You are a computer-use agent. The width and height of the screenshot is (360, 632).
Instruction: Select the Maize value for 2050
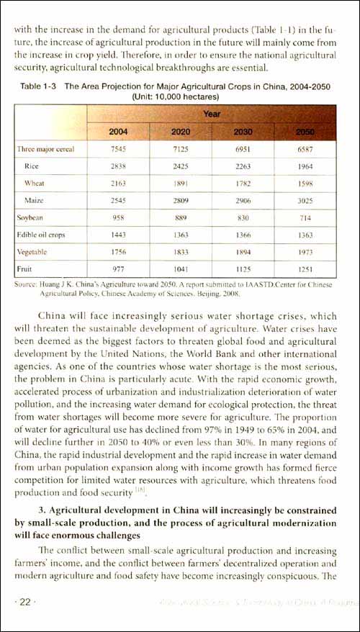tap(307, 199)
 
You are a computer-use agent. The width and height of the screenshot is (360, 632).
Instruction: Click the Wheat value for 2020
tap(181, 183)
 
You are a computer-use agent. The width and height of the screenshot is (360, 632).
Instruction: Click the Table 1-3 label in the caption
tap(39, 86)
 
